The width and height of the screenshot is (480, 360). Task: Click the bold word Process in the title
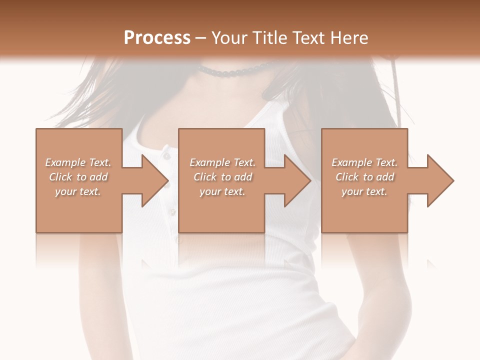(x=157, y=37)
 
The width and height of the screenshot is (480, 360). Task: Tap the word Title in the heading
(x=269, y=37)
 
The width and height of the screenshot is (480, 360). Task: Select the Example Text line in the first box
(x=78, y=162)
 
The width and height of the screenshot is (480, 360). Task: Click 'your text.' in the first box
(x=78, y=191)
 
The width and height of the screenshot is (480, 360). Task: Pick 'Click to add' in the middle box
(x=222, y=177)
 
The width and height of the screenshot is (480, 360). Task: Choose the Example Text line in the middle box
(x=222, y=162)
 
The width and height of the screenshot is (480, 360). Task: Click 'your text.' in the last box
(x=364, y=191)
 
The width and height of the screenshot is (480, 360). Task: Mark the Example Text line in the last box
(x=364, y=162)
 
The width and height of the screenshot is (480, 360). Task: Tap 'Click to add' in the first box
(x=78, y=177)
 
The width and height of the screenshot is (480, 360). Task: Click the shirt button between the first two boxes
(x=172, y=212)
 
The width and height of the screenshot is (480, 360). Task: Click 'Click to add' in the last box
(x=364, y=177)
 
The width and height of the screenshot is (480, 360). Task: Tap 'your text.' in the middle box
(x=222, y=191)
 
